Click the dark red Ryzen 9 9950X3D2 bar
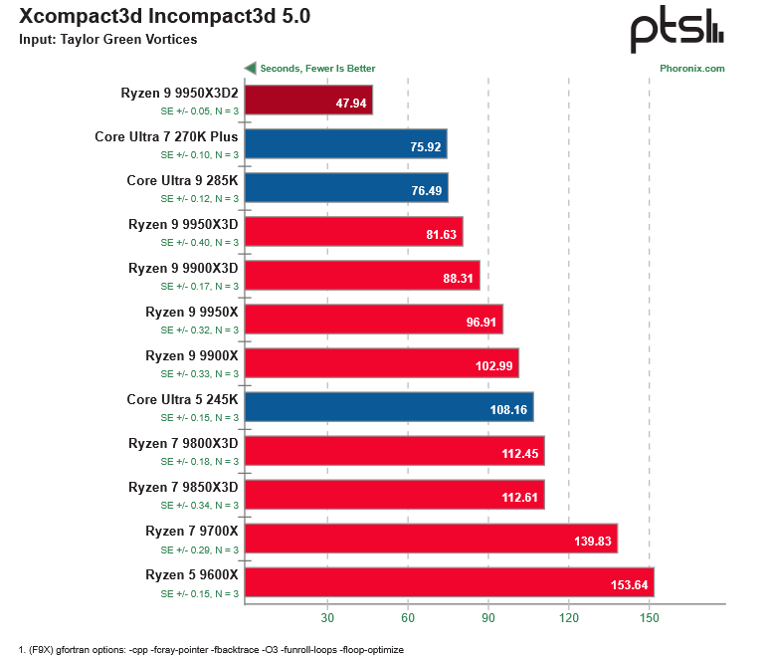308,101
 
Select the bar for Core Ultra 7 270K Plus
345,144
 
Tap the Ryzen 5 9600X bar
449,582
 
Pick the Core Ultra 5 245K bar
389,407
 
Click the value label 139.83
593,540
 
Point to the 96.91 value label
480,321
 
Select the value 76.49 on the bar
426,189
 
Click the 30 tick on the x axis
326,617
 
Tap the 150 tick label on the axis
649,617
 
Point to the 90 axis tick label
487,617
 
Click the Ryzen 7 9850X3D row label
183,487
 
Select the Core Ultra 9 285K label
182,180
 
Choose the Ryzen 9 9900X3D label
183,268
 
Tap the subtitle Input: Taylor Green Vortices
108,40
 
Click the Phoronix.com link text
691,69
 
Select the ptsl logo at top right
675,31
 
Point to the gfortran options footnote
211,649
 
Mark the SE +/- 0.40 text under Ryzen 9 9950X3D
200,242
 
